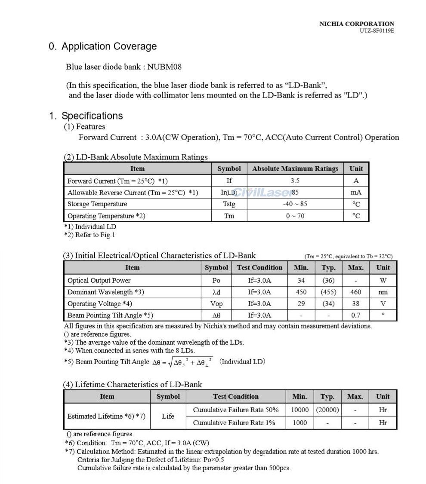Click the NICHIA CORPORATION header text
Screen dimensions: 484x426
(356, 24)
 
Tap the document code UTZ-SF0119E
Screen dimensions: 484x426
(377, 31)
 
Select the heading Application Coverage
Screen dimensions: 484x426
(109, 46)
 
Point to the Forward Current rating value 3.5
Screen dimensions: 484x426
(295, 181)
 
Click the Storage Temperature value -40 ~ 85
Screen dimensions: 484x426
(295, 204)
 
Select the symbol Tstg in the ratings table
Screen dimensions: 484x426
(229, 204)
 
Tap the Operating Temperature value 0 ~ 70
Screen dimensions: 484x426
(295, 216)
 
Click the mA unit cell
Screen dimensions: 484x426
(356, 193)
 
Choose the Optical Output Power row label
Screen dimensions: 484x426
(99, 280)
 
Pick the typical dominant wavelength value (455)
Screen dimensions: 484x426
(328, 292)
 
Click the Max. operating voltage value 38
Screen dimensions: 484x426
(355, 303)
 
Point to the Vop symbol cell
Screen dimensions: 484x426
(216, 303)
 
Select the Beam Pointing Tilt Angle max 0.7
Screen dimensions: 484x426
(355, 315)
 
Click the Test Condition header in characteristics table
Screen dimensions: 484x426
(259, 267)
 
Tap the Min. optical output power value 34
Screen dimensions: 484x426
(301, 280)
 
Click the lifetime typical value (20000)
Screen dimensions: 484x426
(327, 410)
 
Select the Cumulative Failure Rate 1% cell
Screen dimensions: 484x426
(234, 423)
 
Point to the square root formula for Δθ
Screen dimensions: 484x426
(182, 362)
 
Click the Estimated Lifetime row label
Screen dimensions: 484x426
(106, 416)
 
